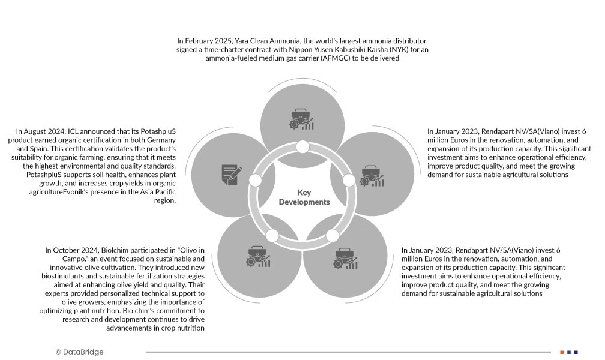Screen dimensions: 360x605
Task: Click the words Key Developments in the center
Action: coord(304,197)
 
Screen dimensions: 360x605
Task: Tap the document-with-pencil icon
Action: coord(231,174)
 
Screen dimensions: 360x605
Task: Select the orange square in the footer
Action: coord(562,352)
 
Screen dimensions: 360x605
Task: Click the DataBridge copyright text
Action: coord(79,352)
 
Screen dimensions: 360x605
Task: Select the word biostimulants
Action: coord(67,267)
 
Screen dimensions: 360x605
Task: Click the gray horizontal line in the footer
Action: coord(348,352)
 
